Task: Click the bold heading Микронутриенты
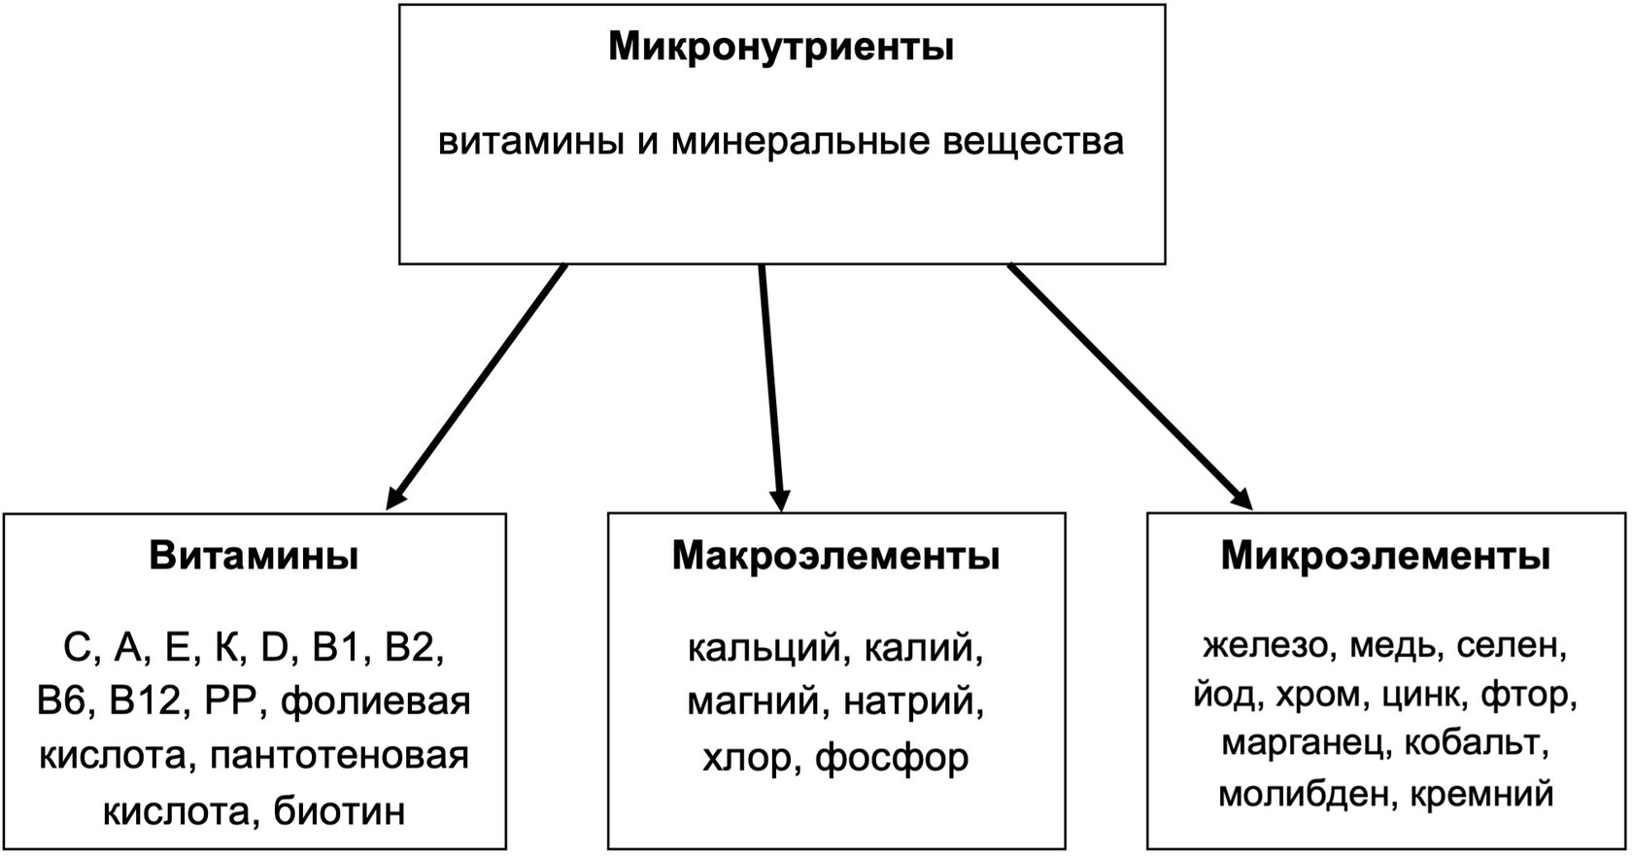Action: click(x=781, y=47)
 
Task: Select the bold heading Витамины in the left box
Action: click(x=254, y=557)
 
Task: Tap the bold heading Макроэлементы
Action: click(x=835, y=557)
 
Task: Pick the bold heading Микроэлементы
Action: click(x=1385, y=557)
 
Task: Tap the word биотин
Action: click(x=339, y=810)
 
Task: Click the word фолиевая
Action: click(x=376, y=702)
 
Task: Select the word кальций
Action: click(x=763, y=647)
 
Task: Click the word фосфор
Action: click(x=892, y=758)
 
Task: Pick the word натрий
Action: click(x=913, y=702)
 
